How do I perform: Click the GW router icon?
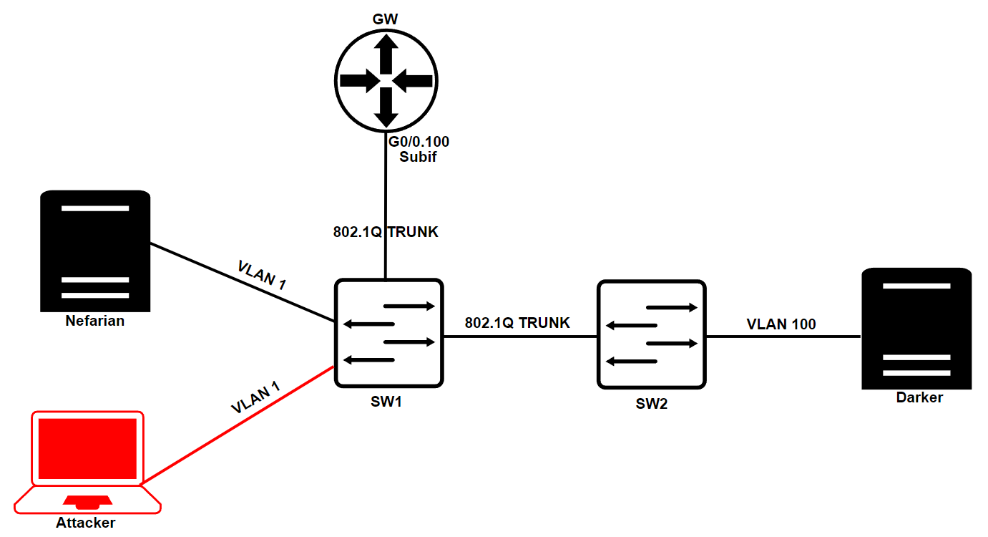[386, 79]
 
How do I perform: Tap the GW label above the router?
[386, 19]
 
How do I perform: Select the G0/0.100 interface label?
[419, 142]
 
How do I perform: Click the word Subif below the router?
[419, 157]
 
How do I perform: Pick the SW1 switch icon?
[388, 333]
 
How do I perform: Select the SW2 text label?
[651, 404]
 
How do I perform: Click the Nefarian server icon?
[95, 251]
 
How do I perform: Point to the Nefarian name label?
[95, 321]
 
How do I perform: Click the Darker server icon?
[916, 328]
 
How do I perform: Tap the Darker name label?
[919, 397]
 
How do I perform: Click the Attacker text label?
[86, 523]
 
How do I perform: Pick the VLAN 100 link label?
[781, 324]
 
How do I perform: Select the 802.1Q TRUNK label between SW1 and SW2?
[517, 323]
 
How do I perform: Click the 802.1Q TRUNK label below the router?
[386, 232]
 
